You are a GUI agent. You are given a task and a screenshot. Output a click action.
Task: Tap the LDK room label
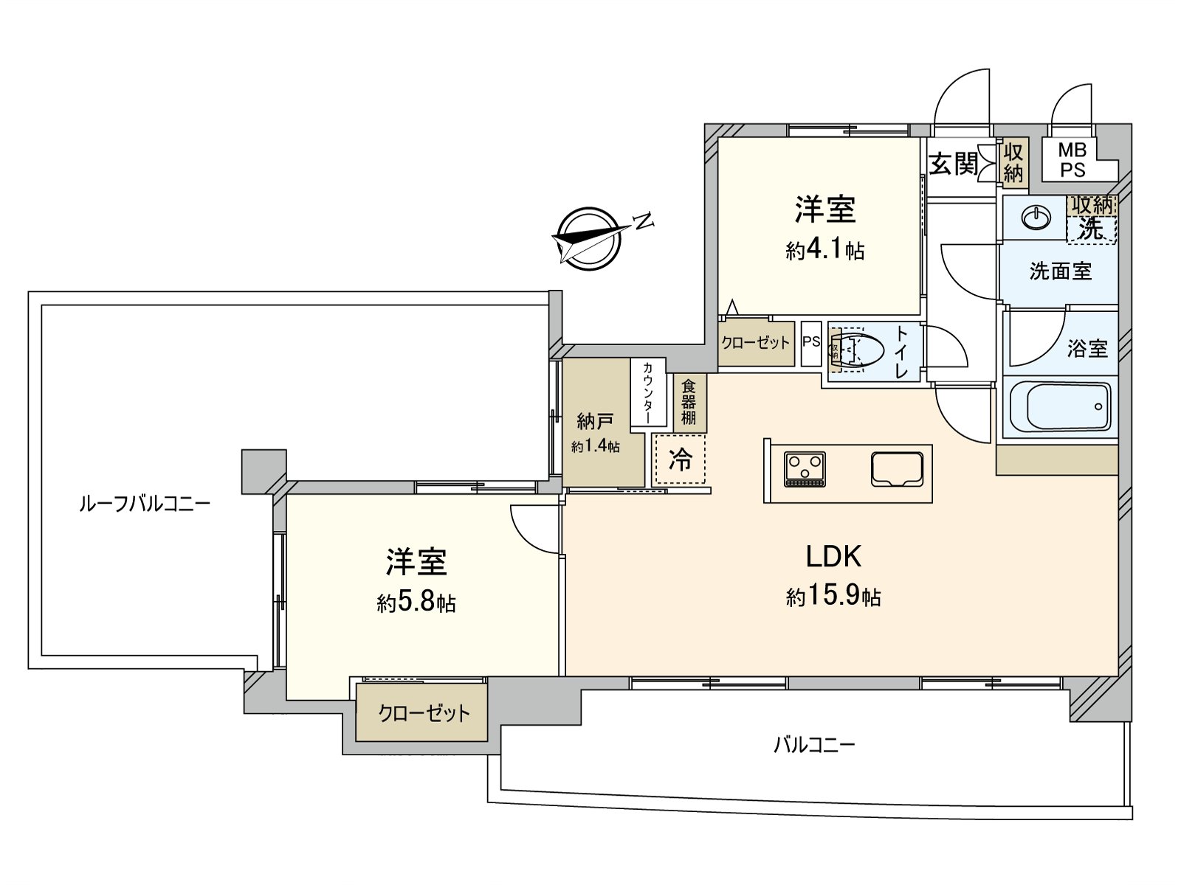point(833,557)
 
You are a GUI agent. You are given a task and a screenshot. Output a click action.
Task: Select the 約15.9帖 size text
point(833,596)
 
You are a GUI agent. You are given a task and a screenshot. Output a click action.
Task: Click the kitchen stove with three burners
point(805,469)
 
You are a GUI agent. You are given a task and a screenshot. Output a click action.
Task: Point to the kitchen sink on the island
point(897,468)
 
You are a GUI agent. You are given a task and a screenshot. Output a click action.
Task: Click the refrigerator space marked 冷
point(680,459)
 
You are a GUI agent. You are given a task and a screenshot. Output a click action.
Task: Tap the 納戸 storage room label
point(595,422)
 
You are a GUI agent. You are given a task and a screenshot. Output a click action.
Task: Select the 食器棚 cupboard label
point(689,402)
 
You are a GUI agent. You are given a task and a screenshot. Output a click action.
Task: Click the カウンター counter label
point(647,392)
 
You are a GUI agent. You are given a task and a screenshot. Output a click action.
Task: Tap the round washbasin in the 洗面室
point(1036,218)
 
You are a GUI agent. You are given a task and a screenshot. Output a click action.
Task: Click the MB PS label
point(1072,160)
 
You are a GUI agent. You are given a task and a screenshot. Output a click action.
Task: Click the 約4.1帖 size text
point(825,251)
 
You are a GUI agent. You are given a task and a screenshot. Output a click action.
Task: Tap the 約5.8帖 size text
point(416,603)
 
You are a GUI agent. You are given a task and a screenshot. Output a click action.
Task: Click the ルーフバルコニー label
point(145,504)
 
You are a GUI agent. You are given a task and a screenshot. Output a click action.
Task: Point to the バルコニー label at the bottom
point(814,744)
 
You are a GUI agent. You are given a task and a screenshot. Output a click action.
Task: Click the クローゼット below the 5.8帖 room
point(424,713)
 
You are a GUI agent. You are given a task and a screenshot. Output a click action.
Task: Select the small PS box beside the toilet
point(811,342)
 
